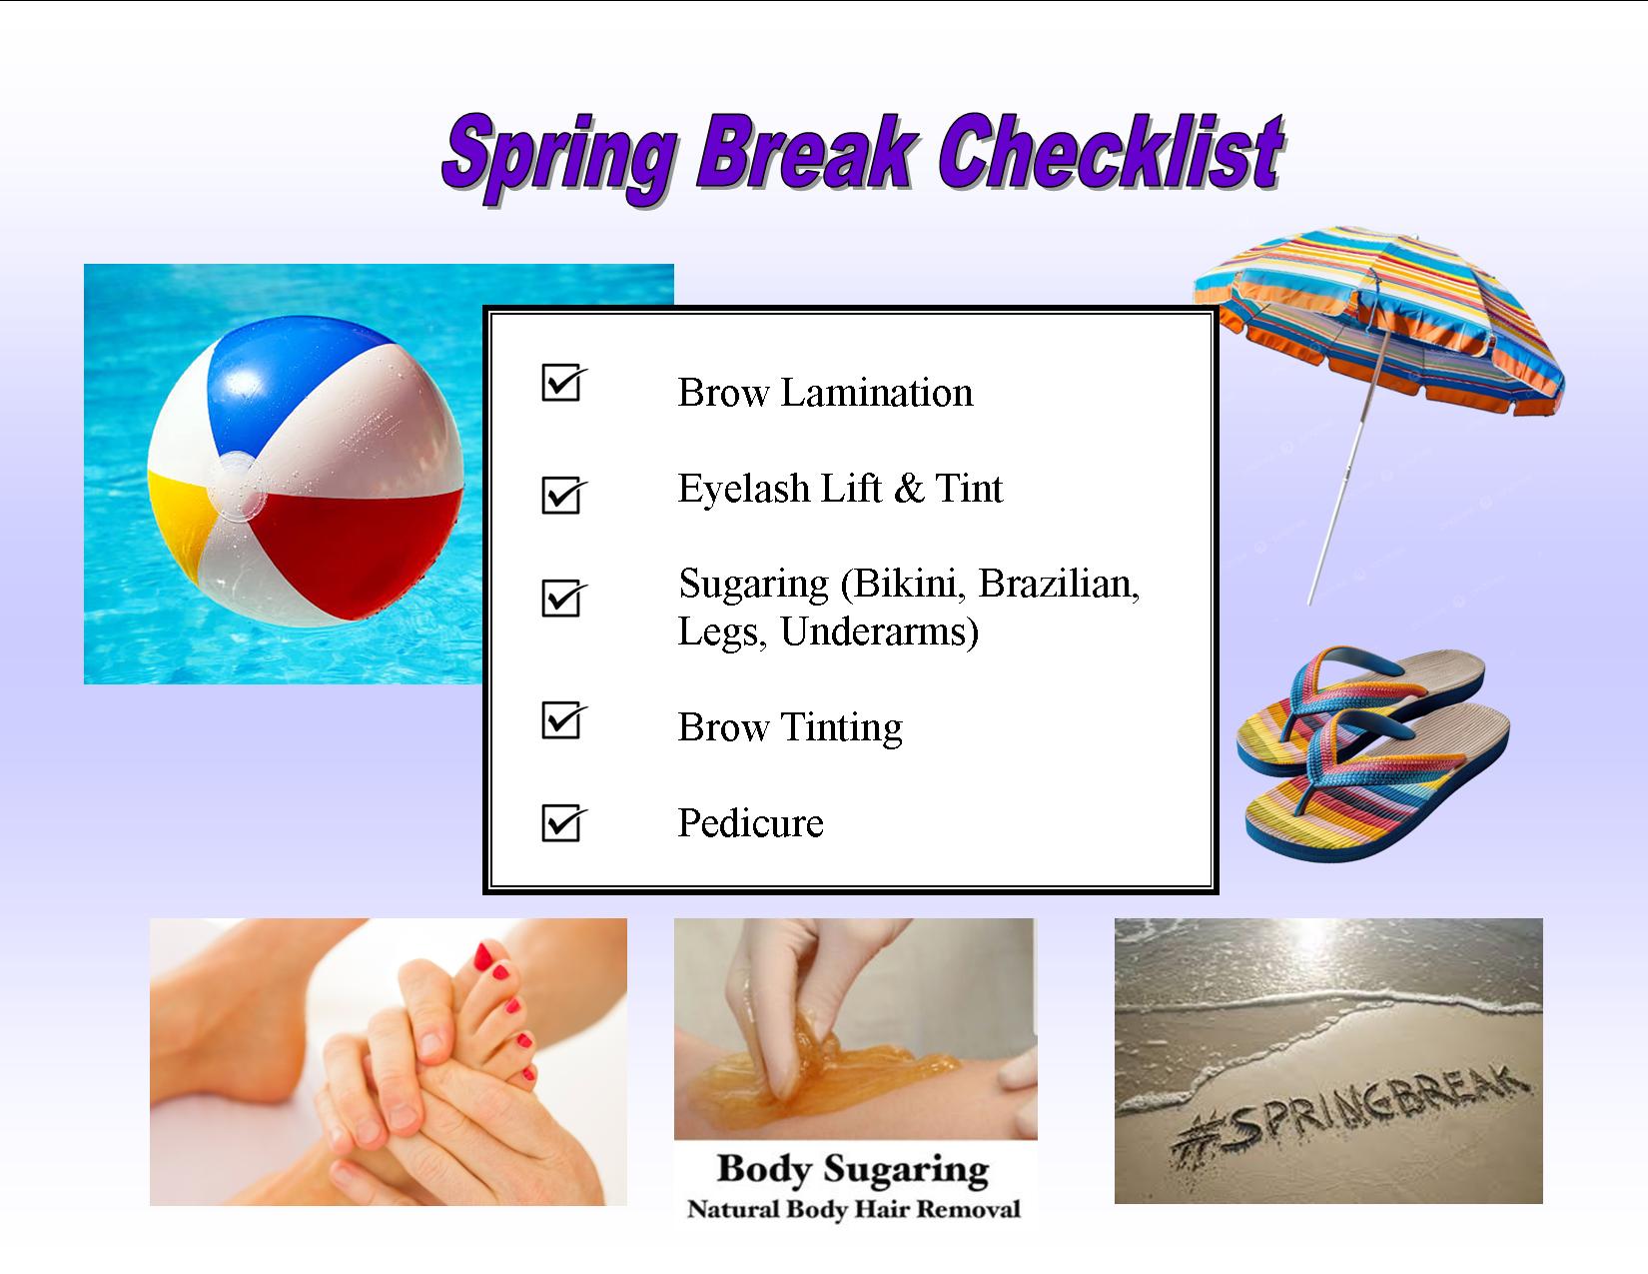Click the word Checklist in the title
1112,153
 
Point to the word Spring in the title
559,159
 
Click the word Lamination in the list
877,393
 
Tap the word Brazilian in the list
1059,584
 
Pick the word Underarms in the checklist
880,632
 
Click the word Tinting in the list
843,727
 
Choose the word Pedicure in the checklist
750,823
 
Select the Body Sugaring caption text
853,1169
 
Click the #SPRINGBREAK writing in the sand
1350,1115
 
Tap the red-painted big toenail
483,957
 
